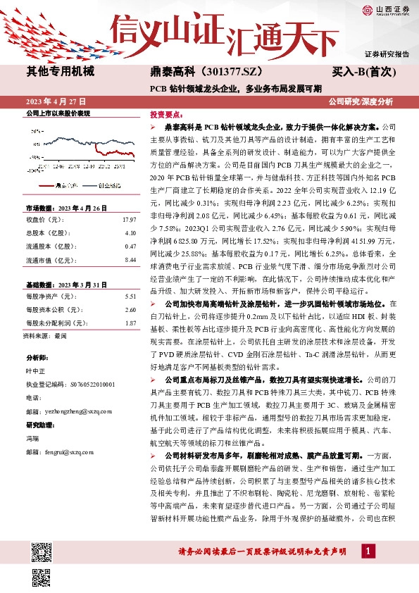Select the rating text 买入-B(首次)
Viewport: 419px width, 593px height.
coord(365,72)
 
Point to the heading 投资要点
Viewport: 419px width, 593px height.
coord(166,113)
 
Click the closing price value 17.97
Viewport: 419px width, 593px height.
coord(129,220)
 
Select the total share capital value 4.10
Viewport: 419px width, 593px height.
coord(130,233)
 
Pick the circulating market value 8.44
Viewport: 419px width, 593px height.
coord(130,260)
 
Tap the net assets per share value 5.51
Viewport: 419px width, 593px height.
coord(130,296)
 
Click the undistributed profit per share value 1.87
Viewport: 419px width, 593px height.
coord(130,323)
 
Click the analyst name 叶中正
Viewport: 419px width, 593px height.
coord(35,371)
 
